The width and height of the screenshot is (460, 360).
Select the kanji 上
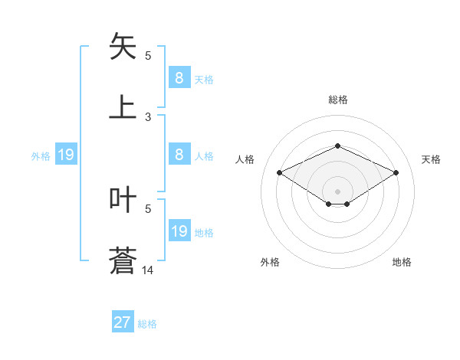click(x=123, y=106)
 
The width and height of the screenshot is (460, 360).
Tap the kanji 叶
click(x=123, y=200)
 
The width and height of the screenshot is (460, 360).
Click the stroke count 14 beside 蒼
click(x=148, y=270)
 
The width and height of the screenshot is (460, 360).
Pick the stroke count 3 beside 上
click(x=148, y=117)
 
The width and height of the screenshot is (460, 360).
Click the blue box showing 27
click(x=123, y=322)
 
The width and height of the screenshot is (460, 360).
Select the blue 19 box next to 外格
click(x=66, y=155)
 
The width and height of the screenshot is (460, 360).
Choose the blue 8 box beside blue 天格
click(x=179, y=77)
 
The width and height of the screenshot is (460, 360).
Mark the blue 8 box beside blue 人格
click(x=179, y=155)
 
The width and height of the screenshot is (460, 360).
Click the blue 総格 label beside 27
click(x=148, y=324)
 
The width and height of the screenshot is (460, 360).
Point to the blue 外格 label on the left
click(x=41, y=156)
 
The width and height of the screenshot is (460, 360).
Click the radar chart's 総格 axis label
click(x=337, y=100)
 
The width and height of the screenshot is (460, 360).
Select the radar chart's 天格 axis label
click(x=432, y=159)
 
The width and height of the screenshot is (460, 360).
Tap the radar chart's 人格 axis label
click(x=245, y=159)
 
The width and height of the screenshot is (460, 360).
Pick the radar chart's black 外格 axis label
click(x=270, y=262)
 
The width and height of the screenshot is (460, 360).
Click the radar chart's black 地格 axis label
click(x=402, y=262)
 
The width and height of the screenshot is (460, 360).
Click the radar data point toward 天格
click(x=396, y=172)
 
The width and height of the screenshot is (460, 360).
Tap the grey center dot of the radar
click(x=337, y=191)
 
